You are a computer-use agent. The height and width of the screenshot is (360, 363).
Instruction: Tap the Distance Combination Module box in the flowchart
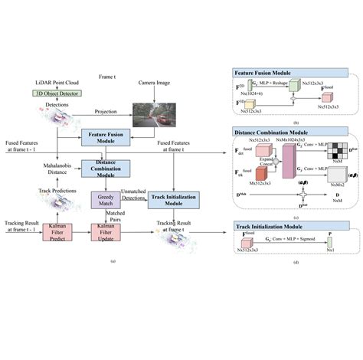107,168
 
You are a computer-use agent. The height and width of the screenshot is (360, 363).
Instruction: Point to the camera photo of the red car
153,109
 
